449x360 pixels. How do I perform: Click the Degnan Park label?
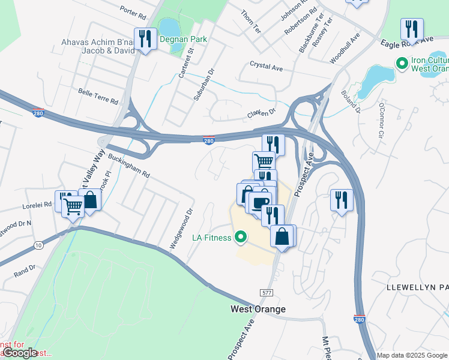183,39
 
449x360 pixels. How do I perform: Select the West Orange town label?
258,309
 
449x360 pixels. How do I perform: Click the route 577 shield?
268,292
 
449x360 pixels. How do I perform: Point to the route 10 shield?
39,245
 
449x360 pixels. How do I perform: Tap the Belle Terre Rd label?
98,92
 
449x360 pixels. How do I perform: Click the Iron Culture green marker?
402,62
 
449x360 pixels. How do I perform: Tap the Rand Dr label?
25,270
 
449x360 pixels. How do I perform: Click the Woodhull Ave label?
345,48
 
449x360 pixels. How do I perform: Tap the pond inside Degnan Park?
169,27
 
